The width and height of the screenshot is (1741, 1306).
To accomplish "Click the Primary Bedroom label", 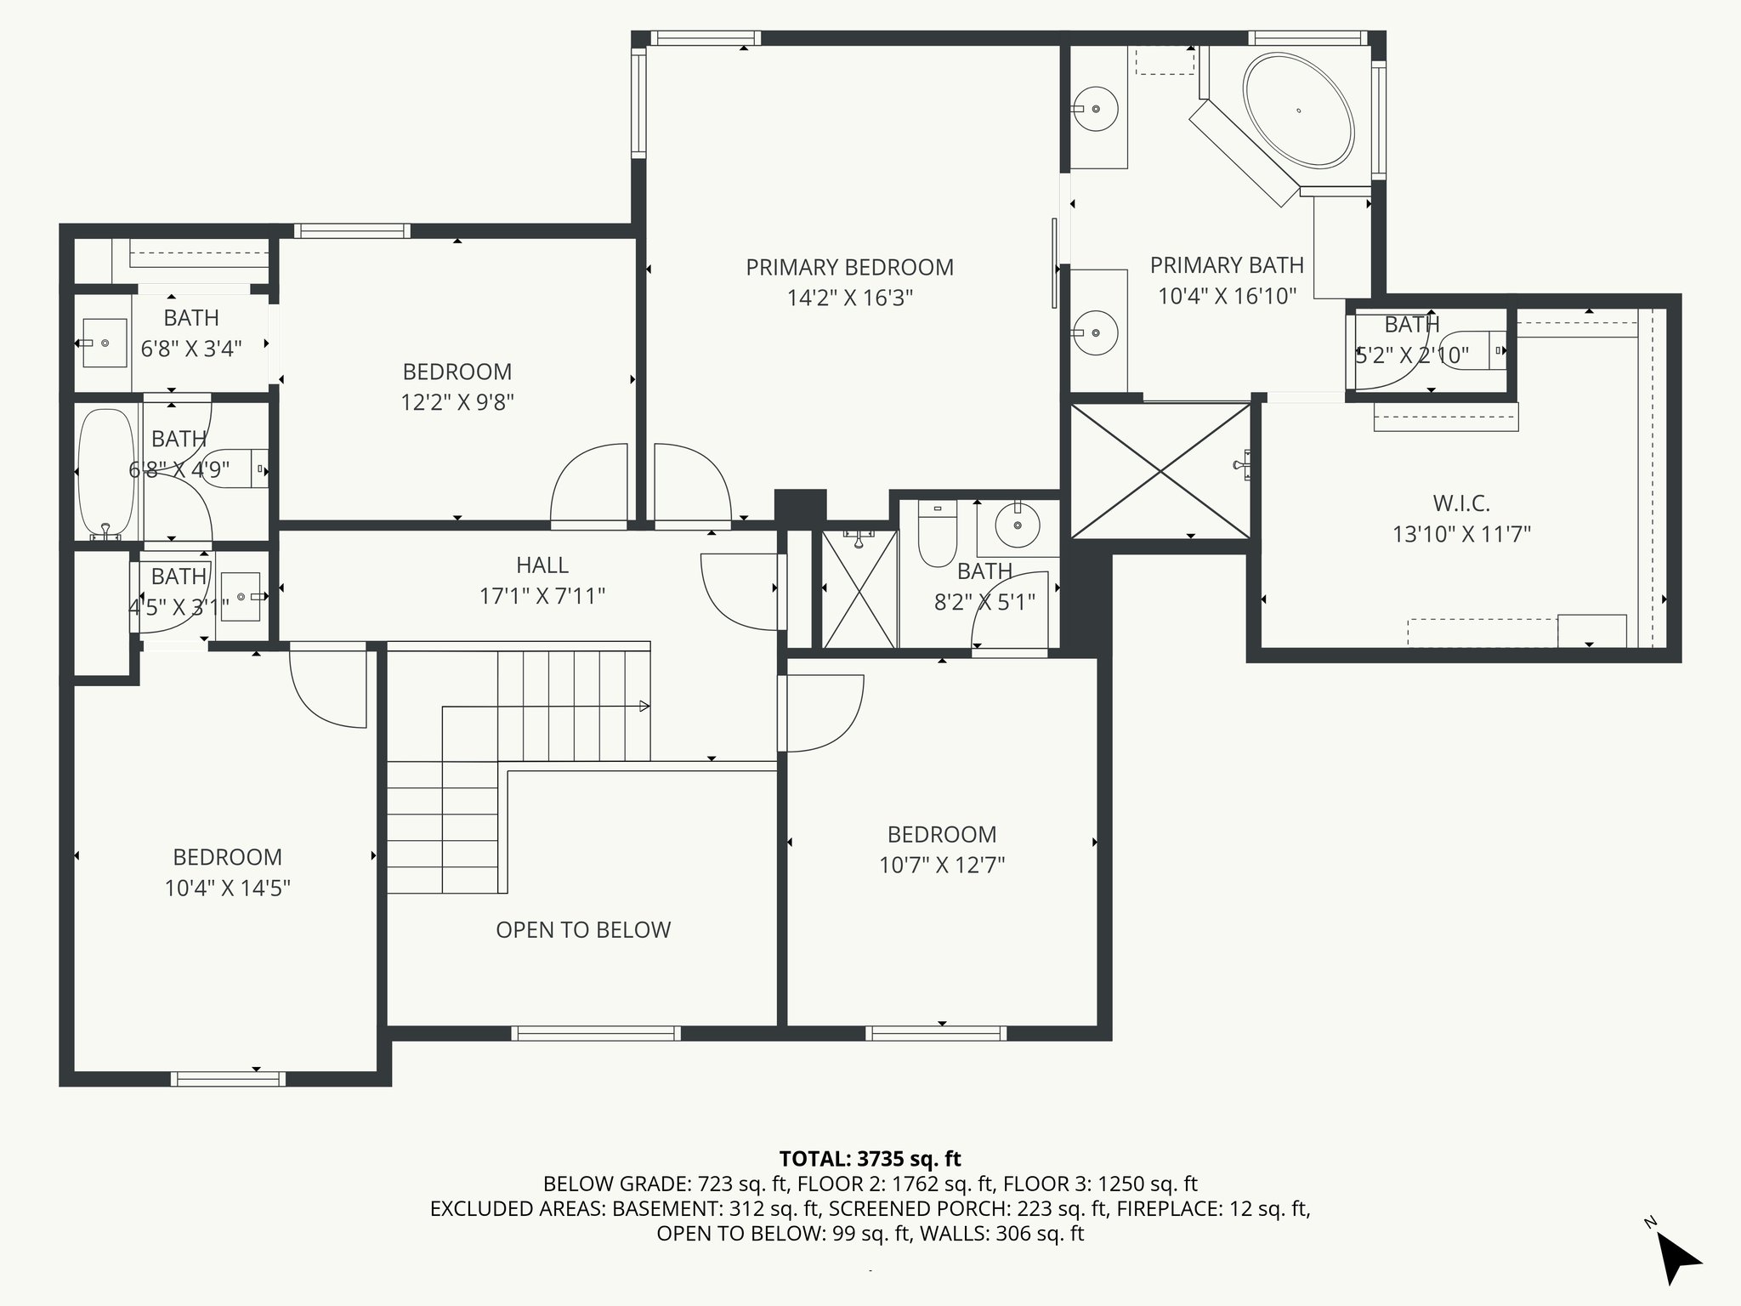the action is click(x=849, y=267).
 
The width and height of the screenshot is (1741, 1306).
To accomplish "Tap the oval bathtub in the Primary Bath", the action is click(x=1298, y=110).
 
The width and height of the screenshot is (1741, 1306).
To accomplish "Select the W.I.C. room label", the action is click(x=1461, y=503).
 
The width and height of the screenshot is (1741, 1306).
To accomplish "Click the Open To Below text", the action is click(x=583, y=930).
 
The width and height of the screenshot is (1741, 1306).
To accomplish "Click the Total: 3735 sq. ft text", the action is click(x=870, y=1159).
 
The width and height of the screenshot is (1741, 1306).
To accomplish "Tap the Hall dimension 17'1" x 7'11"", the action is click(x=542, y=596).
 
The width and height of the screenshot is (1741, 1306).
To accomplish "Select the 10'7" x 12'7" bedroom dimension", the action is click(x=942, y=866).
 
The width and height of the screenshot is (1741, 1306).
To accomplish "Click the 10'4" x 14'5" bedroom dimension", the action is click(x=228, y=889).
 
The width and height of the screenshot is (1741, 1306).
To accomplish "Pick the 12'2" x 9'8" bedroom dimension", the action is click(x=457, y=402).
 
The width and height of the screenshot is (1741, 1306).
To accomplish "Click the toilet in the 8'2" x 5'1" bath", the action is click(x=938, y=532).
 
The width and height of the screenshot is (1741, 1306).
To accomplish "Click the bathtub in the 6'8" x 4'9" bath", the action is click(x=106, y=474).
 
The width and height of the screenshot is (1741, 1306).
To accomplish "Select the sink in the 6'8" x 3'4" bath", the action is click(x=105, y=343).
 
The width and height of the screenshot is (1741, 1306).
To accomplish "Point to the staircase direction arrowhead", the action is click(x=645, y=706).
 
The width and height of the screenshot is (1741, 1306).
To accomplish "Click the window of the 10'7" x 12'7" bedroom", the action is click(x=936, y=1034).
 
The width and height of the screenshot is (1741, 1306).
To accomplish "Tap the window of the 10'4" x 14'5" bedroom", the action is click(x=228, y=1079).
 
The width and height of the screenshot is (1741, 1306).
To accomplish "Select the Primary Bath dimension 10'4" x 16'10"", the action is click(x=1228, y=296).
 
